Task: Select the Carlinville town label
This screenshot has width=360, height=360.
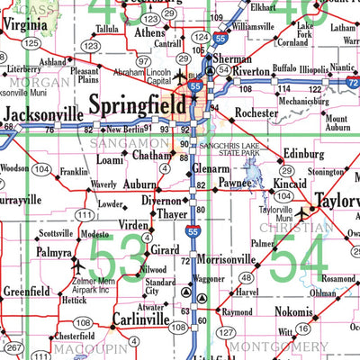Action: tap(143, 319)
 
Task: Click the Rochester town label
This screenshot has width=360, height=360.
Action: tap(258, 113)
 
